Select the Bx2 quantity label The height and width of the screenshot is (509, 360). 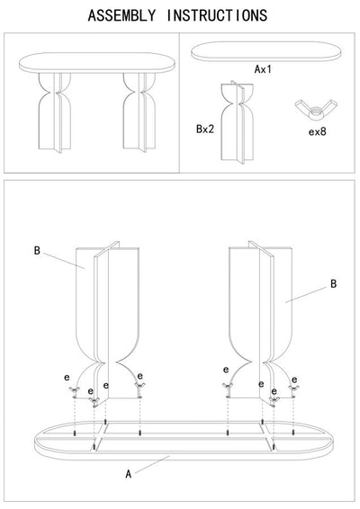tap(205, 128)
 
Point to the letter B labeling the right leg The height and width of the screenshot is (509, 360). tap(333, 283)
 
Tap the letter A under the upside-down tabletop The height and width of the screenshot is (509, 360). tap(129, 473)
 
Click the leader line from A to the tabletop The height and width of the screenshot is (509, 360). tap(153, 463)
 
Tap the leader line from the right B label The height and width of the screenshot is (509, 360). tap(307, 292)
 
